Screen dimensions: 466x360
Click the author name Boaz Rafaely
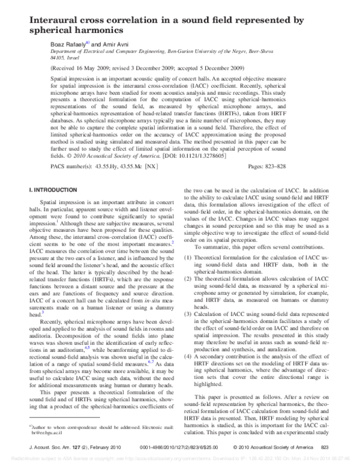pos(68,44)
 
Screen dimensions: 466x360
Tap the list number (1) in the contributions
pos(188,258)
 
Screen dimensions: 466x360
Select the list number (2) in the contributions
pos(188,279)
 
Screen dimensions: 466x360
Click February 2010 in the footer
pos(112,447)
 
